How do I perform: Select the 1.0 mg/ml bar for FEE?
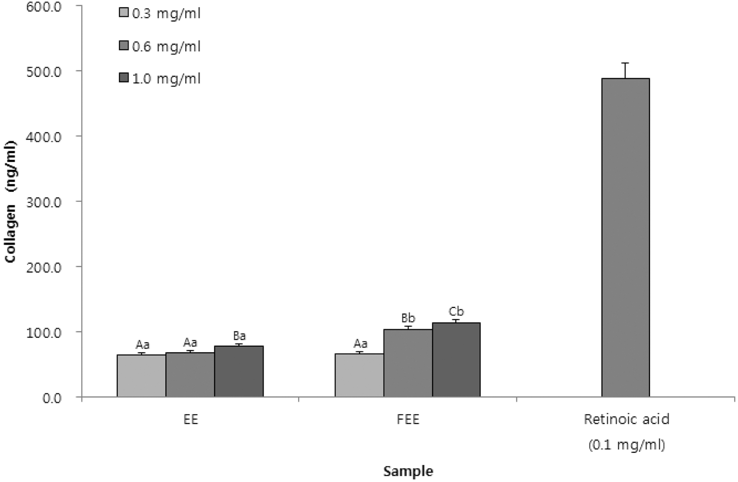(x=456, y=359)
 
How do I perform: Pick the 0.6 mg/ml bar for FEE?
(x=408, y=363)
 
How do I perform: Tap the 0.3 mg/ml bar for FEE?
(x=359, y=375)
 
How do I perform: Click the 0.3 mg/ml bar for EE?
(x=141, y=375)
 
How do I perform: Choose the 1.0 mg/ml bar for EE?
(x=239, y=371)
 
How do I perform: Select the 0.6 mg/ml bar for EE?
(x=190, y=375)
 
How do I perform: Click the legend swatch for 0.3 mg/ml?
(x=124, y=13)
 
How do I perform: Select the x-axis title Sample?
(x=408, y=471)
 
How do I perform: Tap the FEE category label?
(x=408, y=420)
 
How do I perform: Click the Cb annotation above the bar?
(x=456, y=311)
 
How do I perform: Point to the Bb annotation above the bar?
(x=408, y=318)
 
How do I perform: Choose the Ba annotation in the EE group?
(x=239, y=336)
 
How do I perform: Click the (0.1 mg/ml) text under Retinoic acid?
(x=626, y=445)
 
